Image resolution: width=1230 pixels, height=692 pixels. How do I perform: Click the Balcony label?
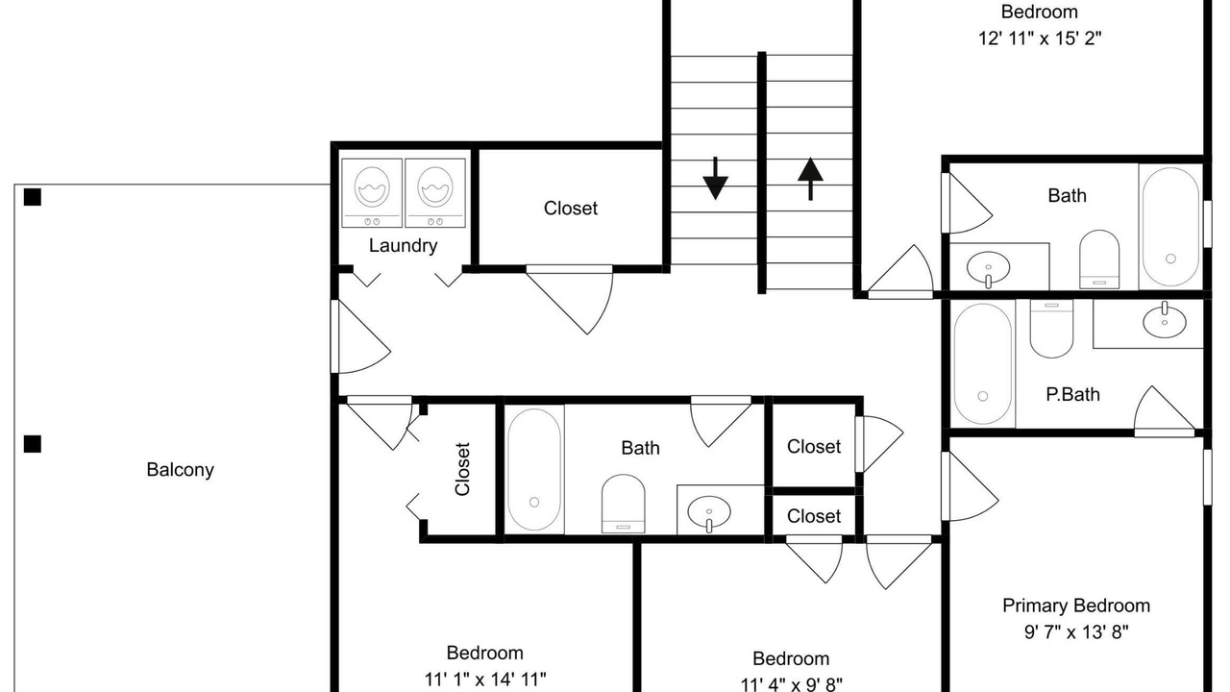pyautogui.click(x=180, y=470)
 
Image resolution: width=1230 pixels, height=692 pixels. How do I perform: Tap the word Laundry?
pyautogui.click(x=403, y=245)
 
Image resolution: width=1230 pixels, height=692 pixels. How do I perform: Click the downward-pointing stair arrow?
pyautogui.click(x=715, y=179)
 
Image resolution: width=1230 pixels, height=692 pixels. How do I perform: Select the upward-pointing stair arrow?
pyautogui.click(x=810, y=179)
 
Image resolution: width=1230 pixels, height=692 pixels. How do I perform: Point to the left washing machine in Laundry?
pyautogui.click(x=372, y=193)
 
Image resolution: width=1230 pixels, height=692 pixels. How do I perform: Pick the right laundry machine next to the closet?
pyautogui.click(x=435, y=193)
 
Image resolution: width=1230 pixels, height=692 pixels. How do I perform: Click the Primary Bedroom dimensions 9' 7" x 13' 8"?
pyautogui.click(x=1076, y=632)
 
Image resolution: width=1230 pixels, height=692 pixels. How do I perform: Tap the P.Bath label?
pyautogui.click(x=1072, y=394)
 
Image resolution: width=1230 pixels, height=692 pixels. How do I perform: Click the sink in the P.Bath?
pyautogui.click(x=1164, y=320)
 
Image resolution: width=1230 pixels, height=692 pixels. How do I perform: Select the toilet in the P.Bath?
pyautogui.click(x=1051, y=329)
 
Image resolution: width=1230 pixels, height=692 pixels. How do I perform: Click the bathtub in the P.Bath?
pyautogui.click(x=982, y=363)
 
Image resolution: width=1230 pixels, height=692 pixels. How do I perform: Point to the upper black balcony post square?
pyautogui.click(x=33, y=197)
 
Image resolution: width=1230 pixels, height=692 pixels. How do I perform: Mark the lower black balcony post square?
pyautogui.click(x=33, y=444)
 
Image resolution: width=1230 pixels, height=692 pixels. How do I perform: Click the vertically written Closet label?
pyautogui.click(x=462, y=469)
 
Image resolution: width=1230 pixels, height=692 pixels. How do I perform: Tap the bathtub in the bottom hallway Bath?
pyautogui.click(x=534, y=469)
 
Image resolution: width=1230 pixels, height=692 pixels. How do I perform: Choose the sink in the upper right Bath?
pyautogui.click(x=988, y=268)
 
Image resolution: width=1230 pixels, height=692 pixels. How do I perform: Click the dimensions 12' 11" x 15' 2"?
pyautogui.click(x=1040, y=38)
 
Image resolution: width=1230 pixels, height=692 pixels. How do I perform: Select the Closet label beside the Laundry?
pyautogui.click(x=571, y=209)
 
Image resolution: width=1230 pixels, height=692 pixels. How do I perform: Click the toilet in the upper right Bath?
pyautogui.click(x=1098, y=259)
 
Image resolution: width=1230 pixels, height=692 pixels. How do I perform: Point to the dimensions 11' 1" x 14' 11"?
pyautogui.click(x=485, y=680)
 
